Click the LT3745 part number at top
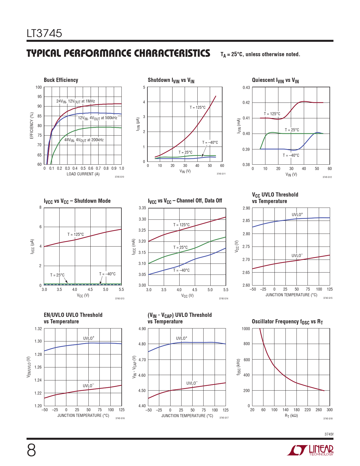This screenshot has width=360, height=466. tap(44, 33)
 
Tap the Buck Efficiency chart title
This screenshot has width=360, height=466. tap(61, 80)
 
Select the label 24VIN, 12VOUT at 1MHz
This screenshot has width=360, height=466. tap(76, 101)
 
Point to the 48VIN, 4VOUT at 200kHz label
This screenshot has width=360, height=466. tap(84, 140)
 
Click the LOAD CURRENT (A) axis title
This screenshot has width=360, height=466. tap(83, 174)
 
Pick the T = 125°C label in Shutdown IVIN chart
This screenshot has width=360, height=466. tap(198, 107)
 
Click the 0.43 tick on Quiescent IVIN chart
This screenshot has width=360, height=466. tap(246, 87)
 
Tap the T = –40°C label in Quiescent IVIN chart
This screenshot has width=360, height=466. tap(291, 155)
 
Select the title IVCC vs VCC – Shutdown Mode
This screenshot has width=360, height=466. tap(77, 201)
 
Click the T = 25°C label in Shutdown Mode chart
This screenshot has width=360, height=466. tap(57, 275)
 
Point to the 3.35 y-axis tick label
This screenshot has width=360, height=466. tap(142, 208)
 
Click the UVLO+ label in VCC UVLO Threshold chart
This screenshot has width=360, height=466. tap(297, 215)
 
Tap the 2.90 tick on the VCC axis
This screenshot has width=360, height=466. tap(246, 208)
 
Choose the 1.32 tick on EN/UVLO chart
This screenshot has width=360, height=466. tap(38, 329)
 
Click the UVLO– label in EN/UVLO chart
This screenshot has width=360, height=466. tap(88, 386)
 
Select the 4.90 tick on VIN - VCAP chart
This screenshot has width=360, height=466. tap(142, 329)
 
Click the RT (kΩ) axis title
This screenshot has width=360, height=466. tap(291, 415)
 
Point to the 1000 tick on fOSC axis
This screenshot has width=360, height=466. tap(246, 329)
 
